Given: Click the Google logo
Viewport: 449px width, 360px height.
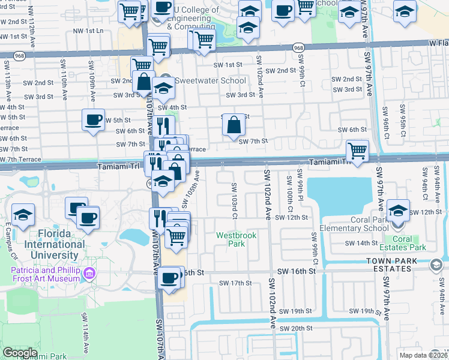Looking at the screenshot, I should pos(20,353).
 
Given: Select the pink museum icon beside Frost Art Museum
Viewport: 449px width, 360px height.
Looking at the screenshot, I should pos(89,274).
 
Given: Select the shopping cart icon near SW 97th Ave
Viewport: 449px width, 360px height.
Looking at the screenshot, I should pos(357,150).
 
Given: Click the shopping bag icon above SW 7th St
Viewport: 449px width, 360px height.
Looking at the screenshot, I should pos(234,125).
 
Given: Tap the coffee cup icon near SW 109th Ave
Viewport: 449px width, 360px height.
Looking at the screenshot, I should pos(93,120).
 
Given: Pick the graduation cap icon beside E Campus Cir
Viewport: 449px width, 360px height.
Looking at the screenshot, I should pos(23,214).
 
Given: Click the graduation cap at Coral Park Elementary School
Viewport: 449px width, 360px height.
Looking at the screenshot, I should pos(398,211).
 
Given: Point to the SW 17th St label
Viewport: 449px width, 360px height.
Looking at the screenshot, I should pos(234,283).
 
